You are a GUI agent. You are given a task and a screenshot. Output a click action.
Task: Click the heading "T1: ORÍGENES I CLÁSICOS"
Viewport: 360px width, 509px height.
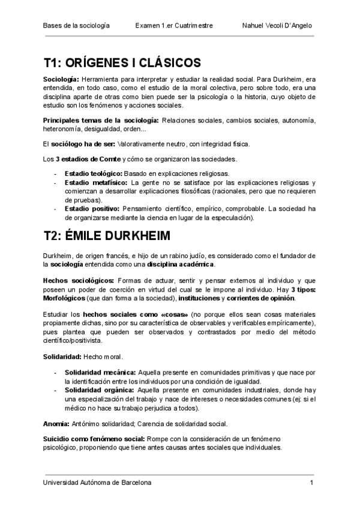pos(122,63)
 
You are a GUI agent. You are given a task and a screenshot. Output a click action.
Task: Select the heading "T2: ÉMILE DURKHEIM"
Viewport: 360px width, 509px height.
pos(106,235)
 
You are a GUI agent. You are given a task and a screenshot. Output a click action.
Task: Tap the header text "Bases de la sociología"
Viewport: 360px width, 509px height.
pos(76,26)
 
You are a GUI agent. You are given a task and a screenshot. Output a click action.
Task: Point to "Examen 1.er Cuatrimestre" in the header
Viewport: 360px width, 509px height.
pos(174,26)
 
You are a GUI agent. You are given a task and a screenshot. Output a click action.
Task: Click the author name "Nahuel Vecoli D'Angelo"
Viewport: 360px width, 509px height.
pos(277,26)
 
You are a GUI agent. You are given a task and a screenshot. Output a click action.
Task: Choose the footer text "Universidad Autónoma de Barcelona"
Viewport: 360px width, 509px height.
pos(97,483)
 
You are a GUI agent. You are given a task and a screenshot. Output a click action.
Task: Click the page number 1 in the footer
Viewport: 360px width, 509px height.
pos(312,483)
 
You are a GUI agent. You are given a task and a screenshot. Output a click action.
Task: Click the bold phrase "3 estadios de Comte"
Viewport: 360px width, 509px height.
pos(88,159)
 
